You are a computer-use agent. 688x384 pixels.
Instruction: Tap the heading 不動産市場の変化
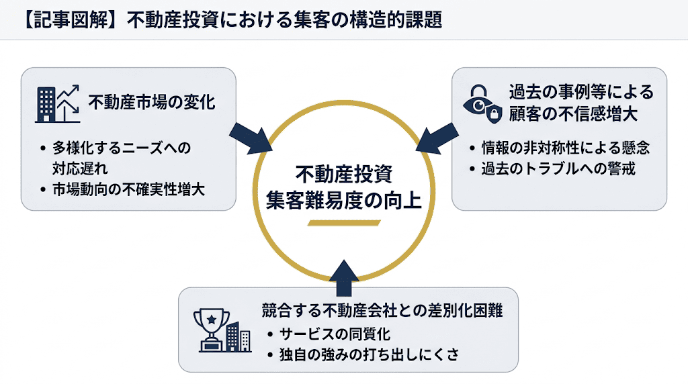[151, 104]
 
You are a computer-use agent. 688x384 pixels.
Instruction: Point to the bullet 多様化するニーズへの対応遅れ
[121, 156]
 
